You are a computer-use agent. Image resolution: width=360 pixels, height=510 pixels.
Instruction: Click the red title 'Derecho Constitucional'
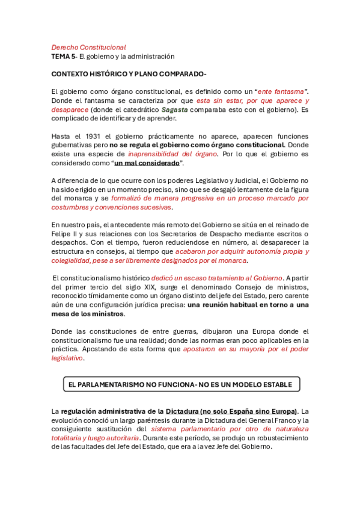[88, 47]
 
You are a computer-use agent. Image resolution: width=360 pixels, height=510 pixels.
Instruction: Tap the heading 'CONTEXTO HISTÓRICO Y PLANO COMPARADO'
[128, 74]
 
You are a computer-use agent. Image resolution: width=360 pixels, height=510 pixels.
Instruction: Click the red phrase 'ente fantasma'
[279, 91]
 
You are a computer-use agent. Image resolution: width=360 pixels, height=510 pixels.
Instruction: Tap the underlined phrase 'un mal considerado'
[147, 163]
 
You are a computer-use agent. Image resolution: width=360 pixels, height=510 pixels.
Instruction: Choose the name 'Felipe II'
[66, 233]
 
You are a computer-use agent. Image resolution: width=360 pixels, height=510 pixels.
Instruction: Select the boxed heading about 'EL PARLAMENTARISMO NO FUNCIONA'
[180, 384]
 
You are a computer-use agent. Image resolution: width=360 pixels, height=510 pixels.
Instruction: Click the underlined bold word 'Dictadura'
[186, 411]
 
